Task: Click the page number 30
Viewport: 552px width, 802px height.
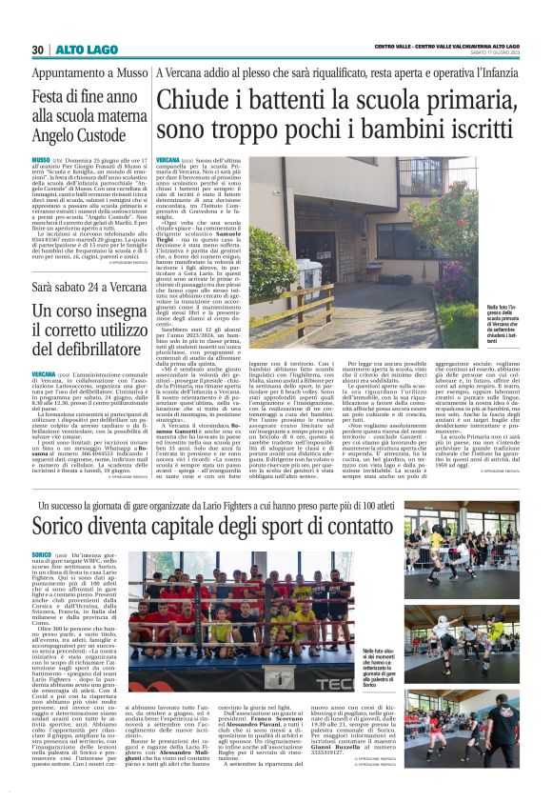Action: [37, 50]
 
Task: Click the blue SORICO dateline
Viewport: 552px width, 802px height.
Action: [41, 553]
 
